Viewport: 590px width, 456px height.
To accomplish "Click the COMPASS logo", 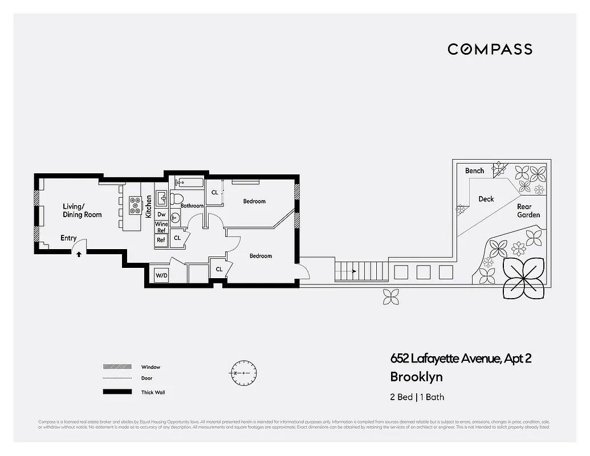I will [490, 49].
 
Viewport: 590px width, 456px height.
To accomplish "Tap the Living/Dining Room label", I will [82, 210].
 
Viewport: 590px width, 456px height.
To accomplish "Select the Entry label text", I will [68, 238].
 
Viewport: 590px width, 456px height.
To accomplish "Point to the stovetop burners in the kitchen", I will [136, 205].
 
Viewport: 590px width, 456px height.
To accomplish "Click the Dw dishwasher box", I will [161, 214].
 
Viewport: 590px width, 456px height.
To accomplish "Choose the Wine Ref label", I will [161, 227].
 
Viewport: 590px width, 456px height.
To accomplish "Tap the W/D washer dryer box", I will [162, 276].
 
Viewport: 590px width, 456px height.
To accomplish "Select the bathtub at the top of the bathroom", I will [189, 183].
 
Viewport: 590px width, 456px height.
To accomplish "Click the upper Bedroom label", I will [254, 201].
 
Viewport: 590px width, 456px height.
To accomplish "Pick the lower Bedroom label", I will [261, 256].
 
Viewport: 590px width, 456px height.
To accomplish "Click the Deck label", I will [486, 199].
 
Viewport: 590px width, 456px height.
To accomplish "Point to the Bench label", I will [474, 170].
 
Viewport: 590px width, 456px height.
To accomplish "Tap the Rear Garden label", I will [528, 211].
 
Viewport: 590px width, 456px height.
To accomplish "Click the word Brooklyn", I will [416, 377].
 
